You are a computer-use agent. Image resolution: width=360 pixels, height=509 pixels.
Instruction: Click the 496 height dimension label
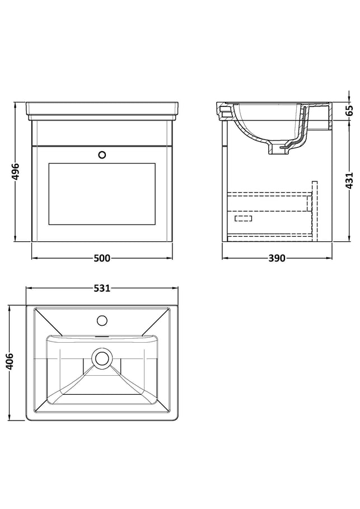(x=15, y=172)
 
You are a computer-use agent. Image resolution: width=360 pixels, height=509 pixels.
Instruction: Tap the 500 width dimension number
(x=102, y=258)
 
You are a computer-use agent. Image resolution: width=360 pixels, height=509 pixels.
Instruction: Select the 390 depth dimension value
(x=277, y=258)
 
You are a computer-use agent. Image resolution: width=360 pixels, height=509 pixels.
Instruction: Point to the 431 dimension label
(x=349, y=181)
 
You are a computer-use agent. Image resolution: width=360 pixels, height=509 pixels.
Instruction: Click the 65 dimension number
(x=349, y=110)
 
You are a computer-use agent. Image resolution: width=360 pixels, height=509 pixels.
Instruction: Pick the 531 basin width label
(x=102, y=288)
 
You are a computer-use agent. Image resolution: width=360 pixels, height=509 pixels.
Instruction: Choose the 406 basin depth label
(x=10, y=361)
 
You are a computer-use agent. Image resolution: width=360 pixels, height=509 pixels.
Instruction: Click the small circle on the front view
(x=102, y=155)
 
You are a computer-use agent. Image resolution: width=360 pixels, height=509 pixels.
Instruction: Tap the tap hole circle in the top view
(x=102, y=321)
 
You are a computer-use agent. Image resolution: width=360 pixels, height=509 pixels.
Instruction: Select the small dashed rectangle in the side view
(x=243, y=218)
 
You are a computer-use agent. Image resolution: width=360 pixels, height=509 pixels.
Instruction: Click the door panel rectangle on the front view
(x=102, y=194)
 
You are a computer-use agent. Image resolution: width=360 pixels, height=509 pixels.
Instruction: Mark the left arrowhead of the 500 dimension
(x=34, y=258)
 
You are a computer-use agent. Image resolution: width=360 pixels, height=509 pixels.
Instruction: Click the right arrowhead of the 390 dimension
(x=330, y=258)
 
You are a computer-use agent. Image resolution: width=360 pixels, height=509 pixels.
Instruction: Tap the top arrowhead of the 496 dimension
(x=15, y=105)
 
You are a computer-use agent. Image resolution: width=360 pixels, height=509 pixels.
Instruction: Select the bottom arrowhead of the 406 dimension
(x=10, y=418)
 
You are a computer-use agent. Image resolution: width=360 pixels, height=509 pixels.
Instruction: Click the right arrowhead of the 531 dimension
(x=176, y=288)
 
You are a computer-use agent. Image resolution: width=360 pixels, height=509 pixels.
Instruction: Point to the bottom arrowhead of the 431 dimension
(x=349, y=239)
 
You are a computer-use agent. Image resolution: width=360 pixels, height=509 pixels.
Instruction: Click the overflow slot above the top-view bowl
(x=102, y=337)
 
